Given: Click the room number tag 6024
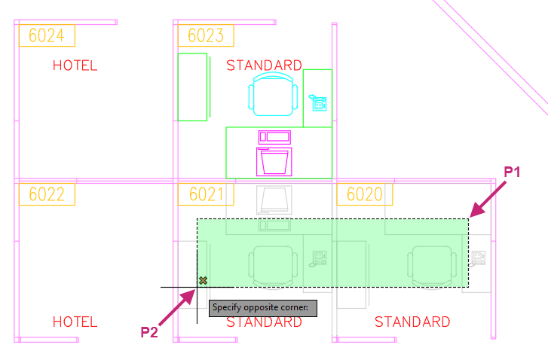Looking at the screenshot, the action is click(x=47, y=35).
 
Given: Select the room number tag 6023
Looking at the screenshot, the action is click(x=206, y=35).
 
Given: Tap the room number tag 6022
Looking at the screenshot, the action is click(x=47, y=194).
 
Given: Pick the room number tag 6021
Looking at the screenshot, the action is click(x=206, y=194).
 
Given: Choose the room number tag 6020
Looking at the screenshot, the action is click(x=365, y=194).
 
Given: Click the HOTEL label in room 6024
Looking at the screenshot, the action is click(x=75, y=66).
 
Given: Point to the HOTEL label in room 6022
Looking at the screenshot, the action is click(x=75, y=322).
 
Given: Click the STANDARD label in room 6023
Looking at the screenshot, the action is click(x=265, y=66).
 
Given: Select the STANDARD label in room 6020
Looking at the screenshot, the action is click(x=412, y=322).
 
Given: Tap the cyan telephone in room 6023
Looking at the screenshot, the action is click(x=317, y=102).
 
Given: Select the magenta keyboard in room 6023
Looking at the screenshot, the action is click(x=274, y=137).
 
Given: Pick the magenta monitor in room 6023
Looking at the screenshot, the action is click(x=274, y=162).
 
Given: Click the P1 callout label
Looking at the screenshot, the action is click(x=512, y=172).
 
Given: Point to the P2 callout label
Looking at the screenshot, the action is click(x=149, y=332).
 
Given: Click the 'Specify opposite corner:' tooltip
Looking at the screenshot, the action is click(x=263, y=308).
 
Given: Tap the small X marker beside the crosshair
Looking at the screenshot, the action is click(x=203, y=280).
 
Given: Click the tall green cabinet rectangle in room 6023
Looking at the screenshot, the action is click(x=192, y=87).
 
